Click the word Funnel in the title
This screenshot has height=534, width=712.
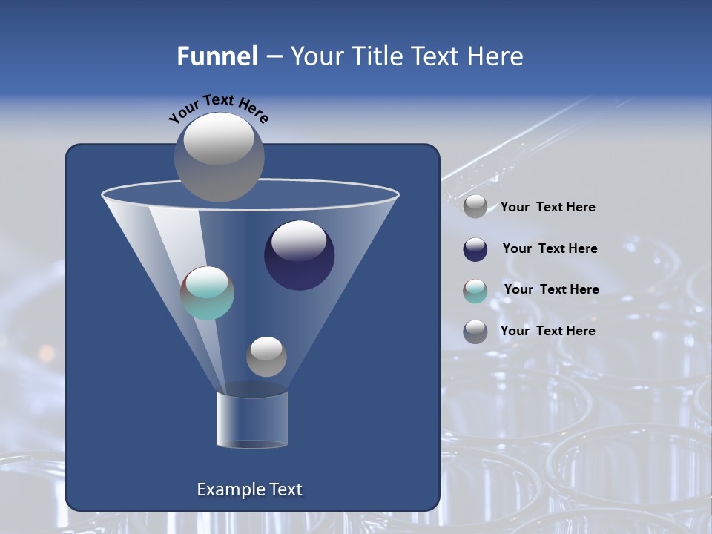click(217, 56)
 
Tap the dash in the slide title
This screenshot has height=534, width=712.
click(273, 56)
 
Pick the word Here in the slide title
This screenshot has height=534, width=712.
click(495, 56)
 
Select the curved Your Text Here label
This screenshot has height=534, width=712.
click(219, 108)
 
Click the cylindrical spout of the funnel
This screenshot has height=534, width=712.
click(252, 419)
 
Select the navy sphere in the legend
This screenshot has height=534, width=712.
click(475, 249)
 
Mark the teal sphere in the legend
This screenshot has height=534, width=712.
click(475, 291)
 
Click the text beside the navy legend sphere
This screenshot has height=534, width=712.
click(550, 248)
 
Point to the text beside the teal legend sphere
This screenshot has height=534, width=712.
click(551, 289)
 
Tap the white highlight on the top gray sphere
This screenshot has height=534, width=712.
click(219, 139)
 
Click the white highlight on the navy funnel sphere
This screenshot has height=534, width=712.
click(300, 240)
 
